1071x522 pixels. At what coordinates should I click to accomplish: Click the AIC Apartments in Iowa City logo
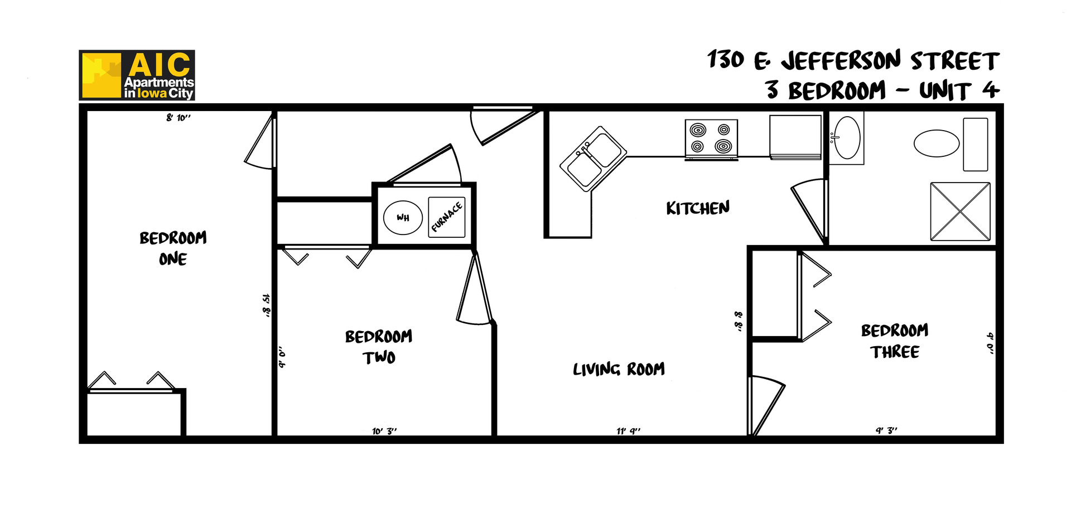137,75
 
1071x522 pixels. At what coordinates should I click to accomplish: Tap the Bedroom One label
173,248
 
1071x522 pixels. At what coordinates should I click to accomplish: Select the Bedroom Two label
379,347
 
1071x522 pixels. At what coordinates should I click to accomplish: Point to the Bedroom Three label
895,341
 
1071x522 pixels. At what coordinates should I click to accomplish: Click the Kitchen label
698,208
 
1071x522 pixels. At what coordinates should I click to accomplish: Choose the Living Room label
619,369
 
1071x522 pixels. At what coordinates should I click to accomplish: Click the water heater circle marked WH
403,217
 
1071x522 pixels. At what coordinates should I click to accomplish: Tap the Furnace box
447,217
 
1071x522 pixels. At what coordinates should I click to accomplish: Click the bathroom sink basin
847,138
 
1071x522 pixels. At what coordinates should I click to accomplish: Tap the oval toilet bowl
936,143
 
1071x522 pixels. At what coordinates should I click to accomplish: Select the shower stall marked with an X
960,212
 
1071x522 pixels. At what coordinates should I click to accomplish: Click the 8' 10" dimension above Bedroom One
178,118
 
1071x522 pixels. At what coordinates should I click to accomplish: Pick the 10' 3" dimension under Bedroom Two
384,431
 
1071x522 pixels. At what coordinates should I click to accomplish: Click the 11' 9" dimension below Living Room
629,431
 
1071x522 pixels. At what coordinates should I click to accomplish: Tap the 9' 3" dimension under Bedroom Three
886,430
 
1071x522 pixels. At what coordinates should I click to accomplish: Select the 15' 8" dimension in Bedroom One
266,305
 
